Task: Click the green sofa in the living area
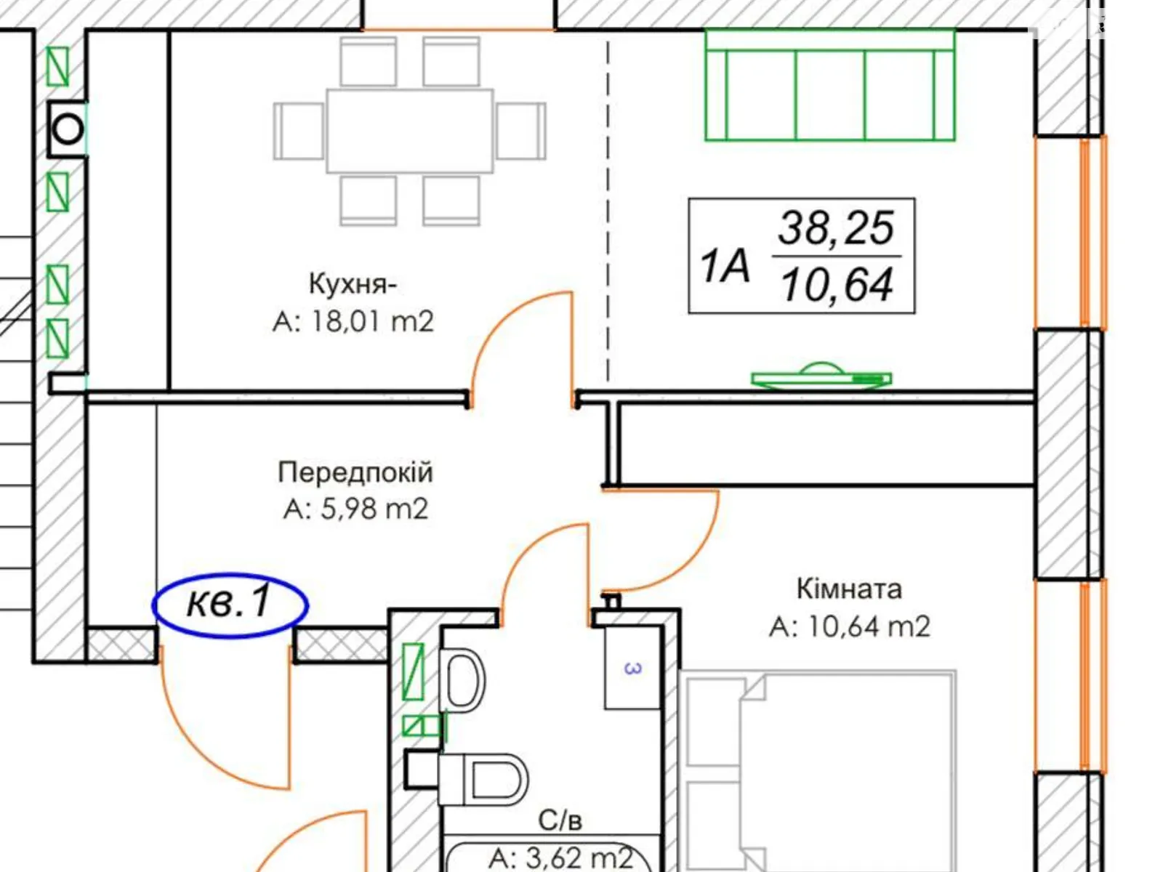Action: [830, 85]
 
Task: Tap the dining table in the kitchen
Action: [409, 131]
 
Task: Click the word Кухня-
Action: [353, 284]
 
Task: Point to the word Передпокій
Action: [355, 472]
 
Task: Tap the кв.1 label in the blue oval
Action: [230, 602]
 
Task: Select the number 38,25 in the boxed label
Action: [836, 227]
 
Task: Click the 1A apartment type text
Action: [724, 266]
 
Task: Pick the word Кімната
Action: [849, 589]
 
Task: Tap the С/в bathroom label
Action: [560, 820]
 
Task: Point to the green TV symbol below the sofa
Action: [822, 376]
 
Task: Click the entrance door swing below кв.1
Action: [226, 717]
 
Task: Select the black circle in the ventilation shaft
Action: [68, 129]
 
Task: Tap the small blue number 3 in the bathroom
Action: [632, 668]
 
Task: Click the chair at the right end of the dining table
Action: [521, 131]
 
